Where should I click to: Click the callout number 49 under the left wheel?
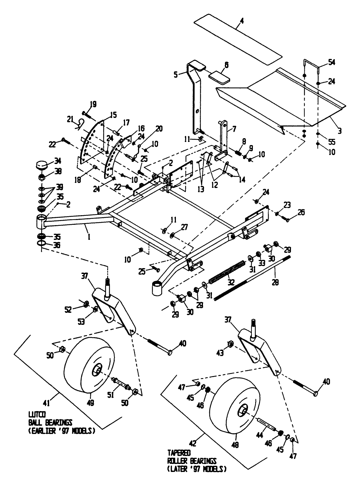(x=91, y=402)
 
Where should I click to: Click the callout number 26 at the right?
(x=301, y=212)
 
